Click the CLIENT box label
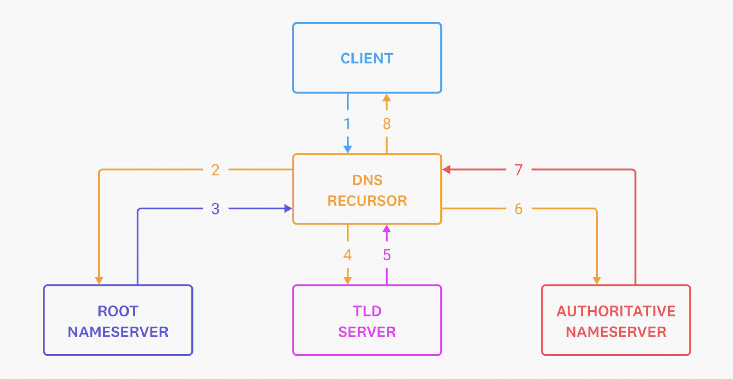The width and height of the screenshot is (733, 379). tap(367, 58)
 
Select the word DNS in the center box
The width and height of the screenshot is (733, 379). tap(367, 180)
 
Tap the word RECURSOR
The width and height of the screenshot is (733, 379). tap(367, 201)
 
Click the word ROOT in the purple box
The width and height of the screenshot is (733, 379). tap(118, 311)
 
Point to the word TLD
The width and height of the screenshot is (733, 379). tap(367, 311)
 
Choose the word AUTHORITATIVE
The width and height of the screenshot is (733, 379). tap(616, 311)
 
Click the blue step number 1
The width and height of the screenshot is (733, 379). tap(347, 124)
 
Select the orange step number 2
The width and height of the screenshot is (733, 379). tap(215, 170)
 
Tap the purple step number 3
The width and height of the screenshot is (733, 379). tap(215, 209)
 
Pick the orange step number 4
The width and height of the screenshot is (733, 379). tap(347, 255)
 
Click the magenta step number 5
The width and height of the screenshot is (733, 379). tap(387, 255)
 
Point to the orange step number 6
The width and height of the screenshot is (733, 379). tap(518, 209)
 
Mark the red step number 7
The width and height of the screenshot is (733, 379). tap(518, 170)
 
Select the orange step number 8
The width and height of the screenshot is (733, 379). tap(387, 124)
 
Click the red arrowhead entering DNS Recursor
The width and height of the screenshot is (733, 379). tap(446, 170)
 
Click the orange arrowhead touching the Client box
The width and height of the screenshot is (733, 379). tap(387, 98)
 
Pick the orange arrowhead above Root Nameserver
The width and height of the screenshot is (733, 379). tap(99, 280)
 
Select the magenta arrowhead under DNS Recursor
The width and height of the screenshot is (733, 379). tap(387, 229)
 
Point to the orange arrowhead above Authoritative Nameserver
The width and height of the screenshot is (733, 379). tap(597, 280)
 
